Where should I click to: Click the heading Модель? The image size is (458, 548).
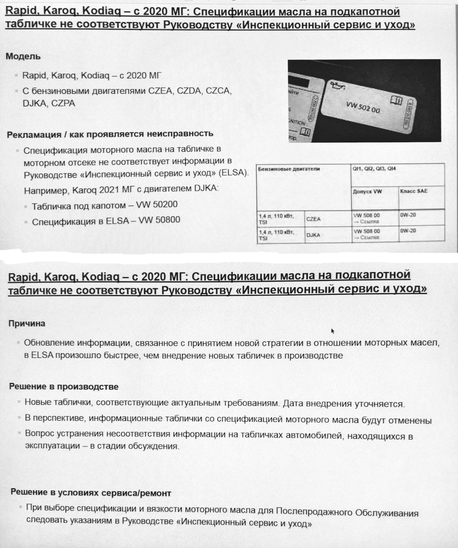pyautogui.click(x=23, y=56)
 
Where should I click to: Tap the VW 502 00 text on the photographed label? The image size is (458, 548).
pyautogui.click(x=363, y=107)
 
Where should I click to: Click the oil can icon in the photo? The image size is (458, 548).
pyautogui.click(x=338, y=85)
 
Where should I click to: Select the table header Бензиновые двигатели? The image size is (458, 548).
pyautogui.click(x=289, y=169)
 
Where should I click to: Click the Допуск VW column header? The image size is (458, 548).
pyautogui.click(x=367, y=192)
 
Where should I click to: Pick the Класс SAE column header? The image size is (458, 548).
pyautogui.click(x=414, y=191)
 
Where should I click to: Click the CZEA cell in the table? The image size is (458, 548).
pyautogui.click(x=313, y=219)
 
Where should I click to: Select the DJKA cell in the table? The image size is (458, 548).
pyautogui.click(x=313, y=235)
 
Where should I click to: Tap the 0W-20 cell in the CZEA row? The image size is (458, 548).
pyautogui.click(x=408, y=215)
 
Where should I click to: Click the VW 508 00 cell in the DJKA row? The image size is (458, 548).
pyautogui.click(x=367, y=231)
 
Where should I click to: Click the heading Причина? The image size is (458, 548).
pyautogui.click(x=27, y=323)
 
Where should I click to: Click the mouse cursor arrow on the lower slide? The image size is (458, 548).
pyautogui.click(x=332, y=331)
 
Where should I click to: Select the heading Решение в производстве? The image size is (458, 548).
pyautogui.click(x=64, y=386)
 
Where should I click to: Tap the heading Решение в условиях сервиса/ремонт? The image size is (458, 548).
pyautogui.click(x=91, y=492)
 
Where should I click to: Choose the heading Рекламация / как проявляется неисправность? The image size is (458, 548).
pyautogui.click(x=110, y=134)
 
